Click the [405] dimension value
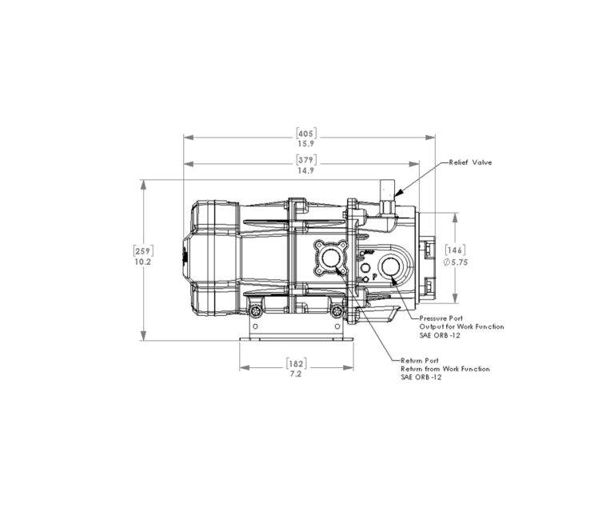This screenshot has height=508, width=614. click(x=306, y=134)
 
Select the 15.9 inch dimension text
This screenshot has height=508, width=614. click(x=306, y=144)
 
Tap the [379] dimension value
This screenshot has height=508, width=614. click(x=306, y=160)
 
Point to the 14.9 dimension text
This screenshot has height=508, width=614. click(x=306, y=170)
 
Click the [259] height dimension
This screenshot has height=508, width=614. click(x=143, y=251)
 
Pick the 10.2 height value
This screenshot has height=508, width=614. click(x=143, y=262)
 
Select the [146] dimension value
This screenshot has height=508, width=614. click(x=456, y=250)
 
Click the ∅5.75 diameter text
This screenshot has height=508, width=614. click(x=456, y=262)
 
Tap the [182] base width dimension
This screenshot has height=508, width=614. click(x=297, y=364)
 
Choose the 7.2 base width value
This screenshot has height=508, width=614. click(x=297, y=374)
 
